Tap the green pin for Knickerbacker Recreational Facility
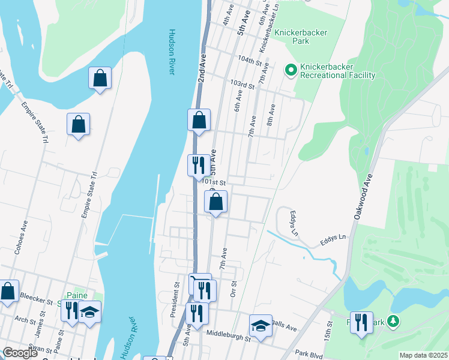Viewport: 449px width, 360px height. [291, 71]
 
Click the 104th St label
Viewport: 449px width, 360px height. [250, 61]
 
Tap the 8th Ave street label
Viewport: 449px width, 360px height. [271, 115]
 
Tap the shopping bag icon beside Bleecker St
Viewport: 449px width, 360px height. [8, 292]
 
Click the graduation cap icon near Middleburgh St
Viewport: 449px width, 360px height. [261, 325]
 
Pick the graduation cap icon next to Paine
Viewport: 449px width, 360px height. [89, 311]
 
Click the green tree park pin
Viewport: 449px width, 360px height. [393, 321]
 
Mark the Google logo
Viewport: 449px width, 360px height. [19, 353]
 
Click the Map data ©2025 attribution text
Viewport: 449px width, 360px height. [423, 355]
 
